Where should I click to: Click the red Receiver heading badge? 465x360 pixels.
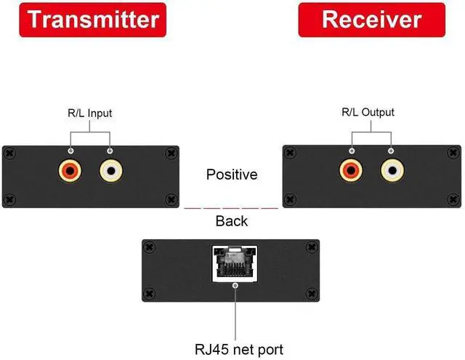[372, 20]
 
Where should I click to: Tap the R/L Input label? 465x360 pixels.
[90, 113]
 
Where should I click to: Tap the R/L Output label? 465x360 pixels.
[368, 112]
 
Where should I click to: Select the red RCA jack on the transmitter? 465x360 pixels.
[70, 172]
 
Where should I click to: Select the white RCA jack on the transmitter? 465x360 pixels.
[110, 172]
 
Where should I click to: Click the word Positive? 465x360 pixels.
[232, 175]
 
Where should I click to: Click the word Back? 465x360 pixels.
[232, 221]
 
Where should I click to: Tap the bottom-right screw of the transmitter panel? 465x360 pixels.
[171, 198]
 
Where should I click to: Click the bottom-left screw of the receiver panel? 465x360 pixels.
[290, 198]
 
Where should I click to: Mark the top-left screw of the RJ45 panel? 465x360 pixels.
[150, 247]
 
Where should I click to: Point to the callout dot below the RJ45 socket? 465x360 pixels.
[234, 286]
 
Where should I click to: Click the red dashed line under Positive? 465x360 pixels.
[231, 209]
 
